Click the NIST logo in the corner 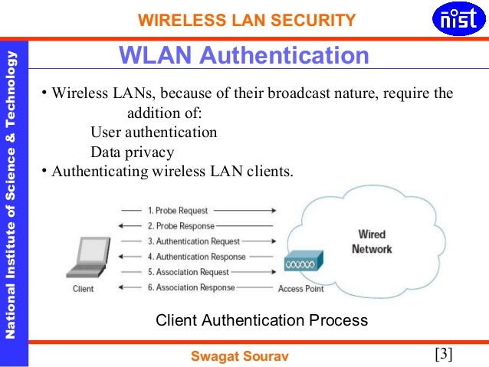(458, 21)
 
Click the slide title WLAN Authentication (243, 56)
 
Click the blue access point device (301, 263)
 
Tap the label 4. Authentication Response (196, 257)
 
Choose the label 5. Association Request (188, 272)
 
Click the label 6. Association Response (191, 287)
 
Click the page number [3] (444, 354)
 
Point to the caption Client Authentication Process (261, 319)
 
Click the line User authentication (153, 132)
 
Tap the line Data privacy (133, 151)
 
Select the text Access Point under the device (300, 289)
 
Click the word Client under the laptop (83, 289)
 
